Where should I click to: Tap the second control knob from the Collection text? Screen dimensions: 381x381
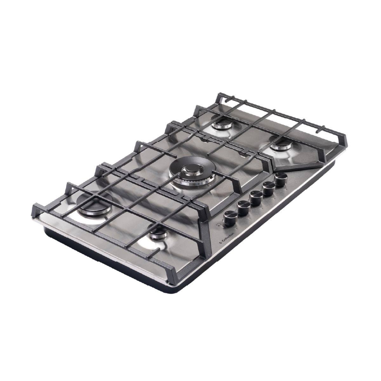[x=243, y=208]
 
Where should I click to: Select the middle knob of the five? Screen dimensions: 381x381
[x=256, y=199]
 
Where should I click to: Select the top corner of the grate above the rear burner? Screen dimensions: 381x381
[x=219, y=95]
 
